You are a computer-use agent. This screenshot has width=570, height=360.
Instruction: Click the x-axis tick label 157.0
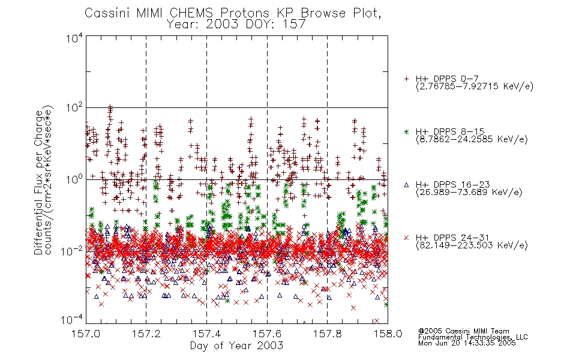coord(86,334)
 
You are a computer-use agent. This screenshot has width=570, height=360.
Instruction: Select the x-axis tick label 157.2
coord(146,334)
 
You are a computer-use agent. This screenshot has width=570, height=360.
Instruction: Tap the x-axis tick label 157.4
coord(206,334)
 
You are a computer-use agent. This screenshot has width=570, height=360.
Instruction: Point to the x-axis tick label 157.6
coord(267,334)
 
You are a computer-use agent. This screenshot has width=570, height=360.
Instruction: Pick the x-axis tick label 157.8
coord(328,334)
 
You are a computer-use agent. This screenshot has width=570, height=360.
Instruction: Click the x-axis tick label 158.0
coord(388,334)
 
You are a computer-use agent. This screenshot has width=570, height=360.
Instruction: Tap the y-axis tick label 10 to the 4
coord(74,38)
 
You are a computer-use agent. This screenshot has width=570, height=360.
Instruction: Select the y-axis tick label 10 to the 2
coord(74,109)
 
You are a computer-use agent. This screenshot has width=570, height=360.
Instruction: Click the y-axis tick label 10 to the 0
coord(74,179)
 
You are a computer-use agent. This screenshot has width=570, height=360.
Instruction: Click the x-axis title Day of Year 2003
coord(236,346)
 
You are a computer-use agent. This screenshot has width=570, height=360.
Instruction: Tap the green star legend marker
coord(406,132)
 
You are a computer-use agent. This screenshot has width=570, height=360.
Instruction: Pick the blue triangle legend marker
coord(406,185)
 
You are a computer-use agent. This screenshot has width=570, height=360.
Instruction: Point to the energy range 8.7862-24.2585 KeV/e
coord(472,139)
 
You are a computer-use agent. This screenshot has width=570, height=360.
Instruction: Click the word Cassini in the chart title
coord(107,13)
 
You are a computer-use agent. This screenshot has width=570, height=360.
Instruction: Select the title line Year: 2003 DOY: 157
coord(236,25)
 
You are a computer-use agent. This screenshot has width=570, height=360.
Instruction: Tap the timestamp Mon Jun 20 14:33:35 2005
coord(467,343)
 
